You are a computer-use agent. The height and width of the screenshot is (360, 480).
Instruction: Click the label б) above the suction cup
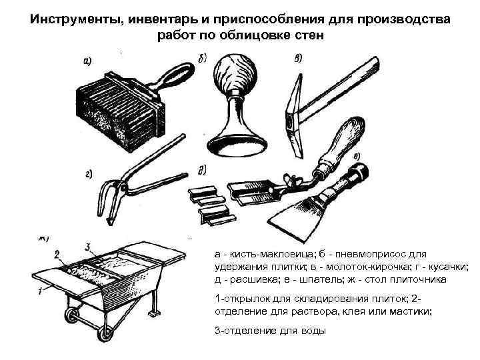click(202, 56)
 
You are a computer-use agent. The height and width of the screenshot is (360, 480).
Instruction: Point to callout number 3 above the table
click(87, 246)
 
